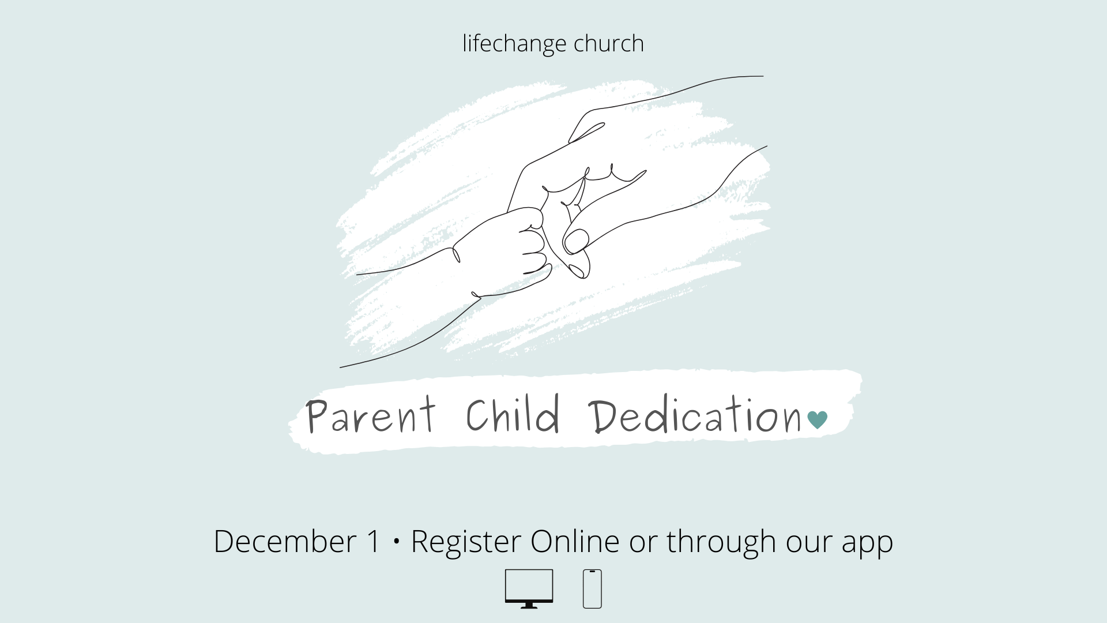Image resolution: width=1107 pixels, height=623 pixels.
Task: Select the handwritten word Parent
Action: (371, 415)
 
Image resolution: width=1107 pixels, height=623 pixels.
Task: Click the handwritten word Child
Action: (513, 414)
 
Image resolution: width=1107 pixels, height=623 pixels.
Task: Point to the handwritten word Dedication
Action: (695, 415)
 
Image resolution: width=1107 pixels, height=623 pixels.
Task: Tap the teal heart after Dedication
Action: (818, 420)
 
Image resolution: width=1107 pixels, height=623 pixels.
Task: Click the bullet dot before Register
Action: (396, 542)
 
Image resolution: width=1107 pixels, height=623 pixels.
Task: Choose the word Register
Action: (466, 542)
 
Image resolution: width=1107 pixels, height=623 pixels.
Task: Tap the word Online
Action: (575, 541)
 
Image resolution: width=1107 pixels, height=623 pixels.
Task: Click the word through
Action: (721, 542)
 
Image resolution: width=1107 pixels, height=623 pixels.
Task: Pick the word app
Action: (867, 546)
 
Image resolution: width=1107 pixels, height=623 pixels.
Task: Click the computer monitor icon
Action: (529, 588)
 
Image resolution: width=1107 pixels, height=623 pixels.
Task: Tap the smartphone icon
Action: (592, 588)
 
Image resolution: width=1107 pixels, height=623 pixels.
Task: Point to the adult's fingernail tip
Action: (575, 241)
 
